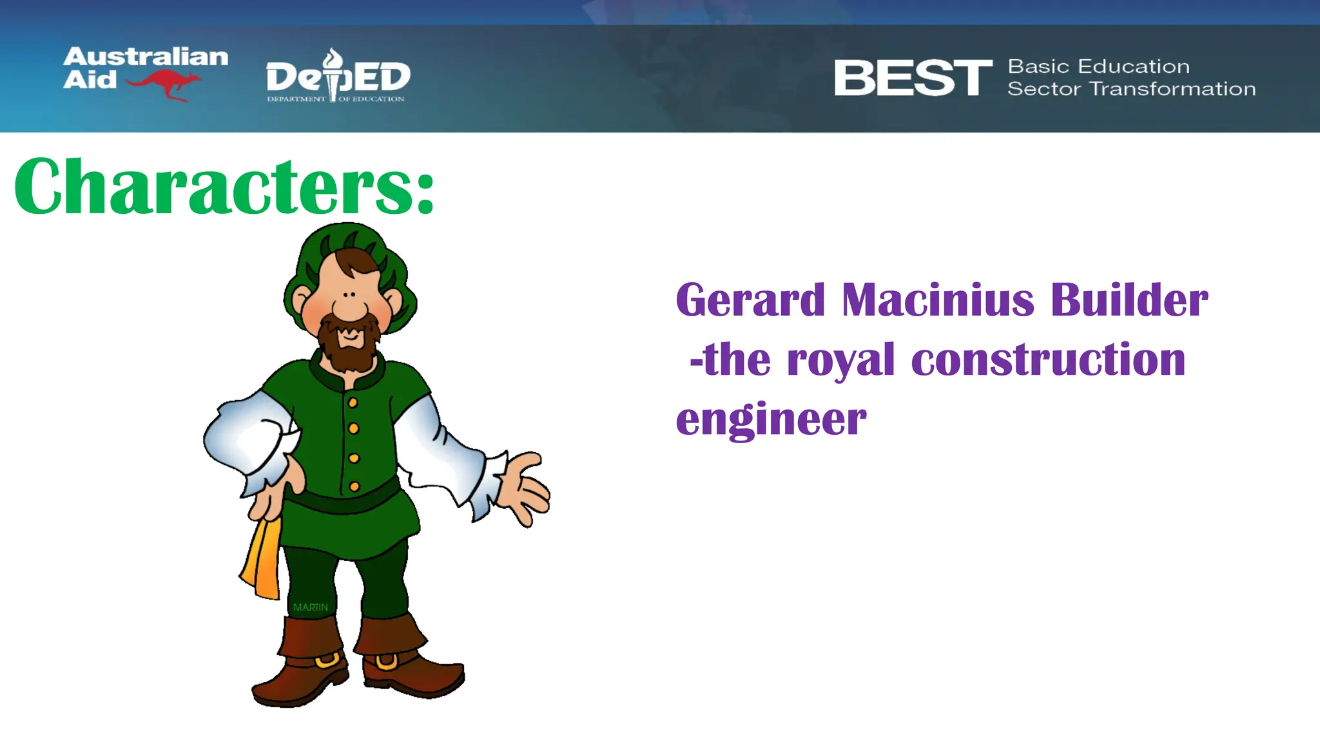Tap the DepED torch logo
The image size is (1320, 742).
pos(333,74)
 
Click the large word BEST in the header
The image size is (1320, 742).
pos(913,78)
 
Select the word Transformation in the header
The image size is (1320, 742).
pos(1172,89)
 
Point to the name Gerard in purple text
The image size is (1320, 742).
pos(750,300)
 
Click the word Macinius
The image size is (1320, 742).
pos(938,300)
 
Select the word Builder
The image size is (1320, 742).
pos(1129,300)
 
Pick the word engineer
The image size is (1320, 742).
pos(771,420)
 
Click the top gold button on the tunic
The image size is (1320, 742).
pos(353,403)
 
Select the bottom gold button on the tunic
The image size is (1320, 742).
pos(354,487)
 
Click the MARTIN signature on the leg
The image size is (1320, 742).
pos(310,607)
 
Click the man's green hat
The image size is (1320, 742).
pos(348,248)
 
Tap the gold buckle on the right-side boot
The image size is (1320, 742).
pos(387,662)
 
